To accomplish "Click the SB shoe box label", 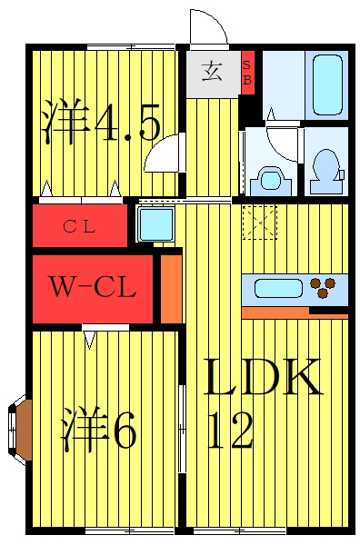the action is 247,73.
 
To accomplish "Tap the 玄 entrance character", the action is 212,71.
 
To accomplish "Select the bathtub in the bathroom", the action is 327,85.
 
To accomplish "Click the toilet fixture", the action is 326,172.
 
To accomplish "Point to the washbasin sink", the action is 272,181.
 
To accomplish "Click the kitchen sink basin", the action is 278,289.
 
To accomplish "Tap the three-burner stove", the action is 323,287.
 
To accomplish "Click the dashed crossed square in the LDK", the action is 259,223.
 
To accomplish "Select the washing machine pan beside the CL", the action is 155,224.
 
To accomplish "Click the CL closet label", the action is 79,227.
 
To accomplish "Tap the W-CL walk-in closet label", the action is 92,287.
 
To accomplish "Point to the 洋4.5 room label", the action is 101,122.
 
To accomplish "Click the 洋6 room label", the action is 98,428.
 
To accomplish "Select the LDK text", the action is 263,377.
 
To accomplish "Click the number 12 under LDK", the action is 230,430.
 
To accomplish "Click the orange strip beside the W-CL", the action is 172,289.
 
